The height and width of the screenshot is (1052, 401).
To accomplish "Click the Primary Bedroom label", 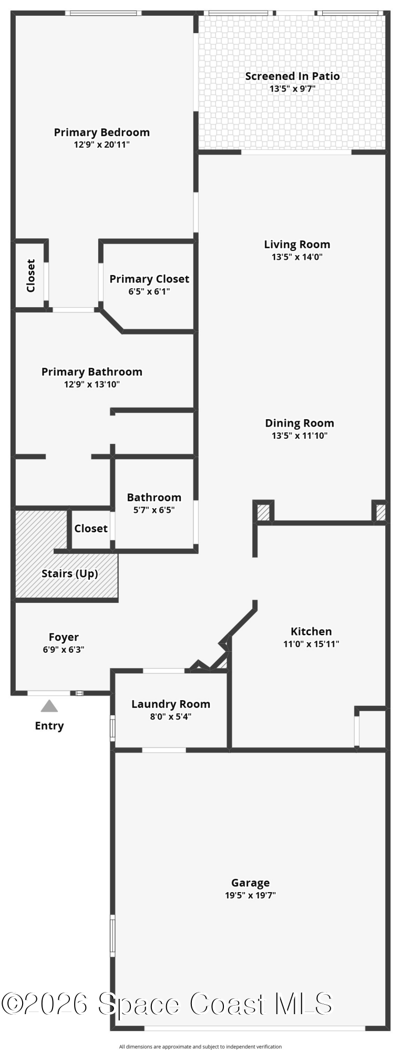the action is click(x=102, y=132).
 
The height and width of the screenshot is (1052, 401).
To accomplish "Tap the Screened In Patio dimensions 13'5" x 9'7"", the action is click(x=292, y=89).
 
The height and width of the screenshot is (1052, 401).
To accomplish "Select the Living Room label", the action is click(x=297, y=245).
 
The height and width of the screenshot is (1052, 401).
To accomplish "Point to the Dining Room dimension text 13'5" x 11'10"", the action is click(x=300, y=436).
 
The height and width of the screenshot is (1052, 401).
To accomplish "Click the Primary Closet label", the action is click(x=149, y=279).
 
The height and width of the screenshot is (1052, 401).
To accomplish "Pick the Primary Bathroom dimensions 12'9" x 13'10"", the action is click(x=92, y=385).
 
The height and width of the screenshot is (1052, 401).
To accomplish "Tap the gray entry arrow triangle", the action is click(x=49, y=705).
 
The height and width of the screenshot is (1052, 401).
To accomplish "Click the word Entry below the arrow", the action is click(x=49, y=726).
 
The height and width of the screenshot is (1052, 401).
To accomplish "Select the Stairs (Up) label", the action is click(x=70, y=573).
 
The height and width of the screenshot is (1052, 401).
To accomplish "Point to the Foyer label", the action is click(x=64, y=638).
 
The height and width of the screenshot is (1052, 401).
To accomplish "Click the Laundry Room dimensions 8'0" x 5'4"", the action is click(x=171, y=716).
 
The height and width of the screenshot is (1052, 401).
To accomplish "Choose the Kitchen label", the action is click(x=311, y=631).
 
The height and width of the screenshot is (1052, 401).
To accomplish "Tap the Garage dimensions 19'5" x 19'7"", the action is click(x=251, y=895).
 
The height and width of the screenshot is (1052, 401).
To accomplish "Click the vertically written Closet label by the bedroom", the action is click(x=30, y=275).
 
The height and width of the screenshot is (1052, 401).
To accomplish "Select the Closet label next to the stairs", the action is click(x=91, y=529).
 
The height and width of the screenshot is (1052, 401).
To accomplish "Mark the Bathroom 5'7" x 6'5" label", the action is click(x=154, y=503).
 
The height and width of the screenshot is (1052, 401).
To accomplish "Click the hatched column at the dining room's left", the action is click(x=263, y=512).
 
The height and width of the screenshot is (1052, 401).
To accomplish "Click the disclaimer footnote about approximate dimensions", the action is click(x=200, y=1047).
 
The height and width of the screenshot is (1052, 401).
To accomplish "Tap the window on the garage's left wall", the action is click(x=112, y=935).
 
